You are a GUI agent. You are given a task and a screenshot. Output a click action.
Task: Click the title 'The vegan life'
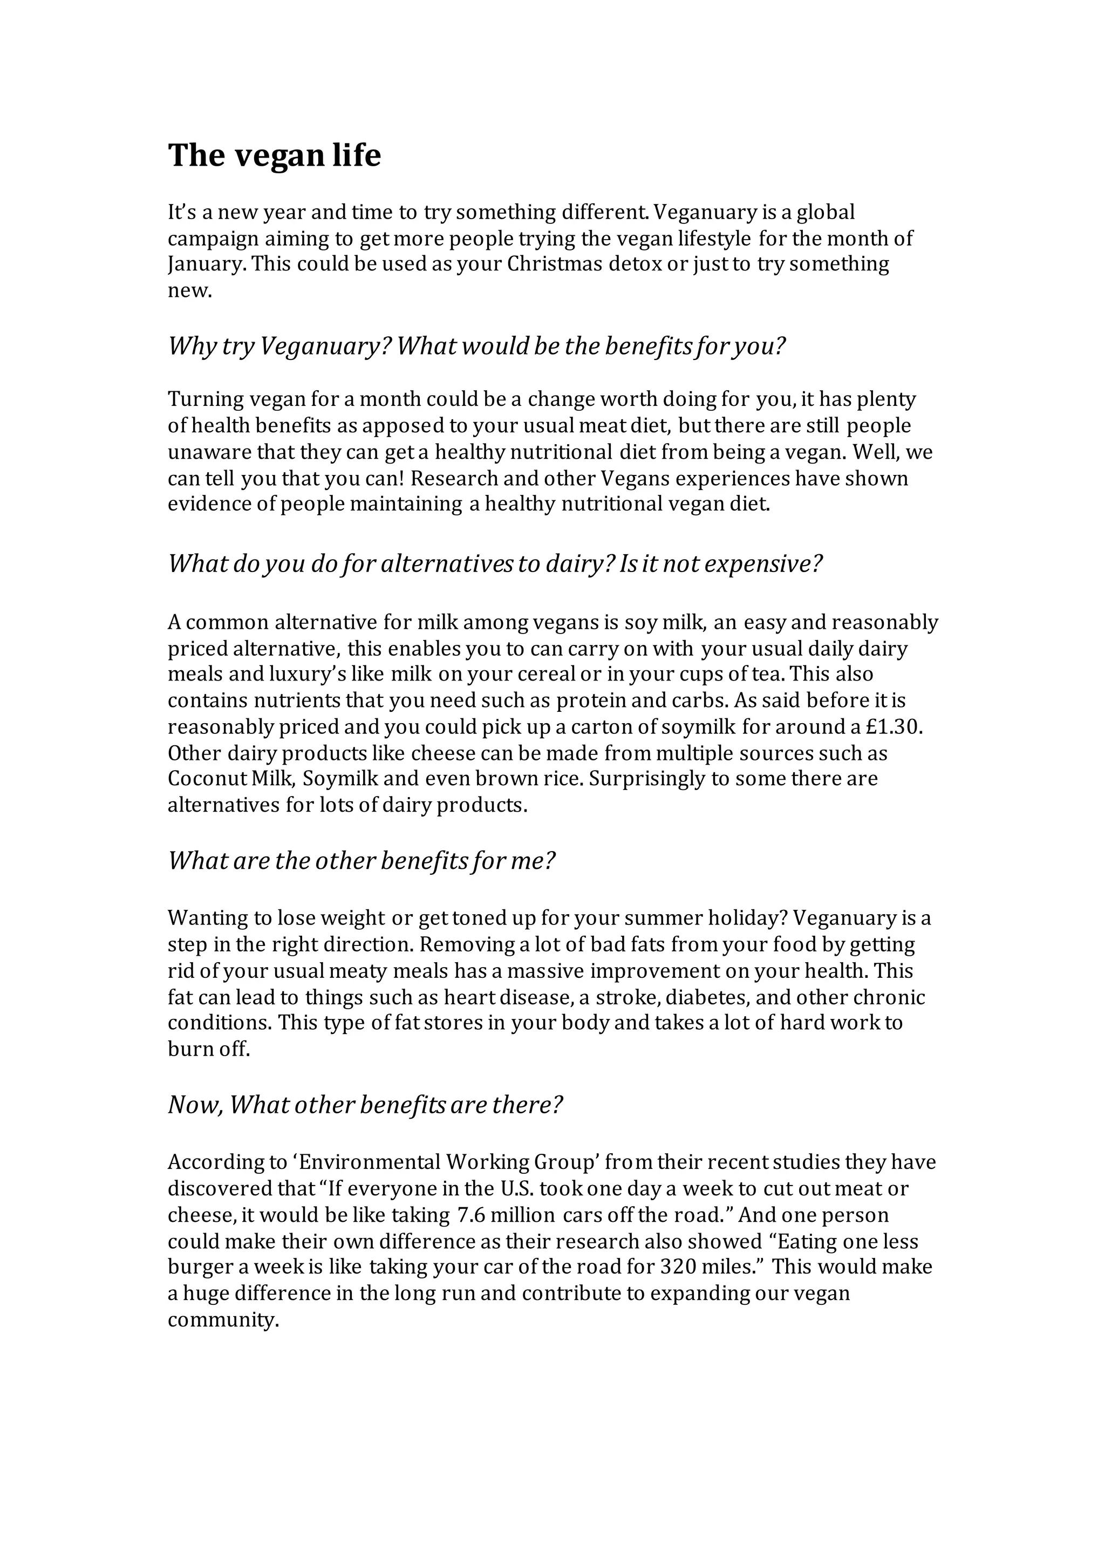click(274, 155)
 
